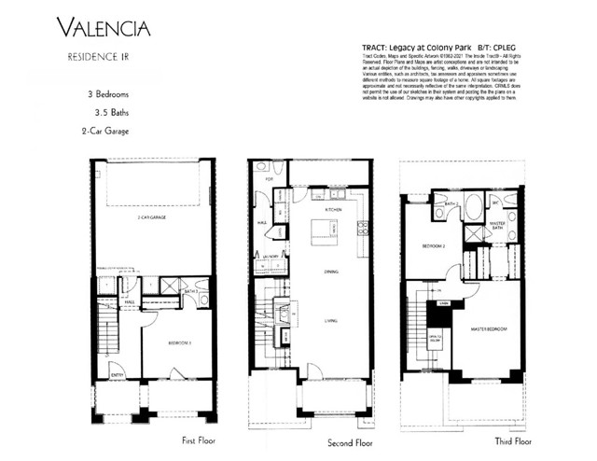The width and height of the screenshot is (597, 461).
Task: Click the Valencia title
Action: coord(103,27)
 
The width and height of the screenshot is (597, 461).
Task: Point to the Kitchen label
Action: coord(333,210)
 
